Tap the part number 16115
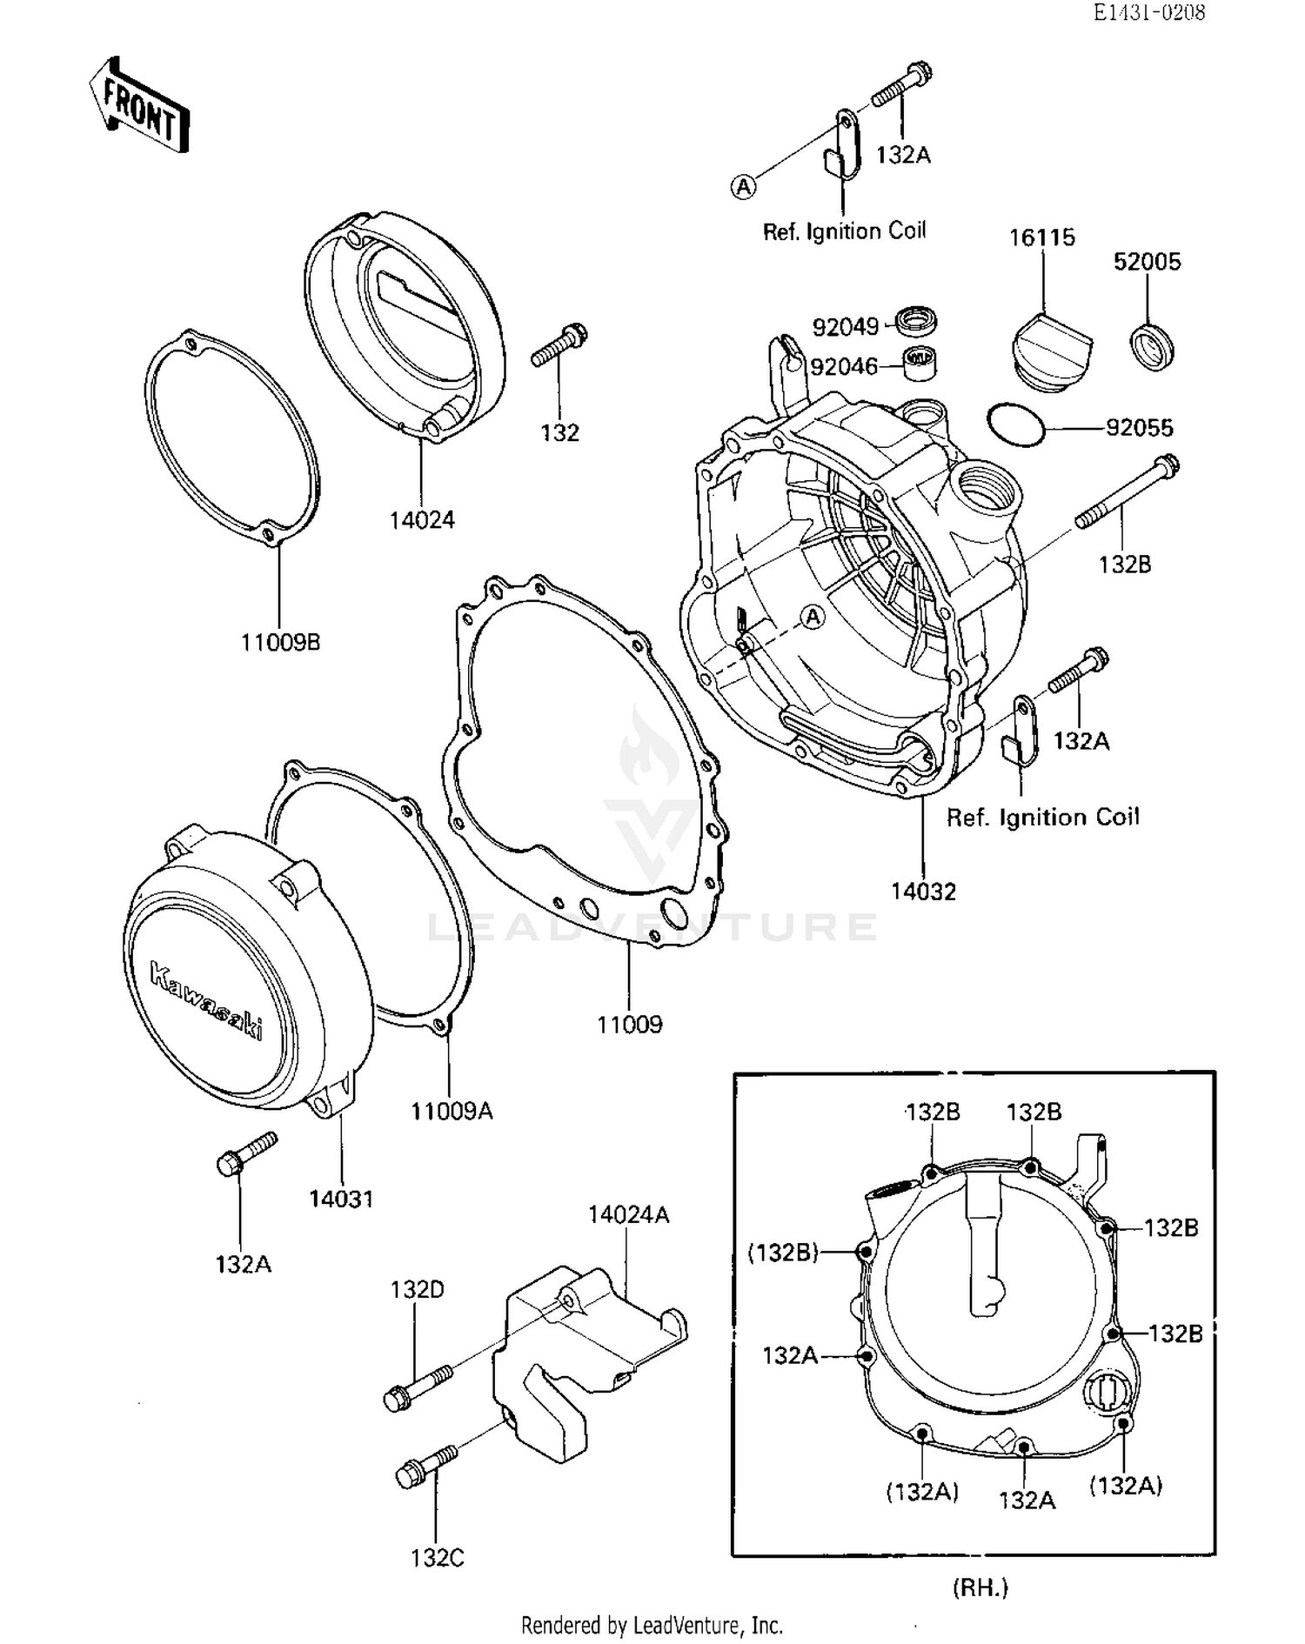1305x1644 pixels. click(x=1041, y=237)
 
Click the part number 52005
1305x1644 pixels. click(x=1147, y=262)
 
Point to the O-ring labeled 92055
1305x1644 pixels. click(x=1015, y=425)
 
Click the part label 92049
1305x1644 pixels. click(x=845, y=327)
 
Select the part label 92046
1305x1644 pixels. click(x=843, y=367)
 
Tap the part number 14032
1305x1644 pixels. click(x=923, y=892)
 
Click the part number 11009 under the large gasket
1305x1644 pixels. click(x=629, y=1025)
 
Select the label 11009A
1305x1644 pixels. click(x=451, y=1111)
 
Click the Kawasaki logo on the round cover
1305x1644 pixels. click(x=207, y=1000)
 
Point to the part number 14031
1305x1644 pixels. click(x=341, y=1199)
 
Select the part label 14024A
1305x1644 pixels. click(x=628, y=1214)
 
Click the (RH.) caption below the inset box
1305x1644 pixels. click(x=980, y=1587)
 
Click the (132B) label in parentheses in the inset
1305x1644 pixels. click(x=783, y=1252)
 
